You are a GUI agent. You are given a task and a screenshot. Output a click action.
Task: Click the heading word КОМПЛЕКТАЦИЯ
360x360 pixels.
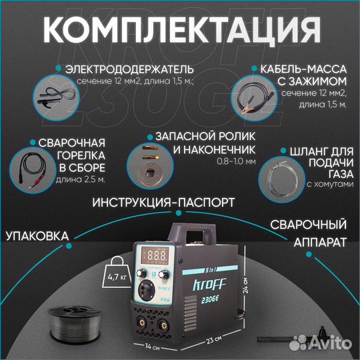179,30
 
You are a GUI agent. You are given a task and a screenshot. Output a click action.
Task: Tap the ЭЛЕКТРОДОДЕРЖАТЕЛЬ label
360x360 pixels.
129,69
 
